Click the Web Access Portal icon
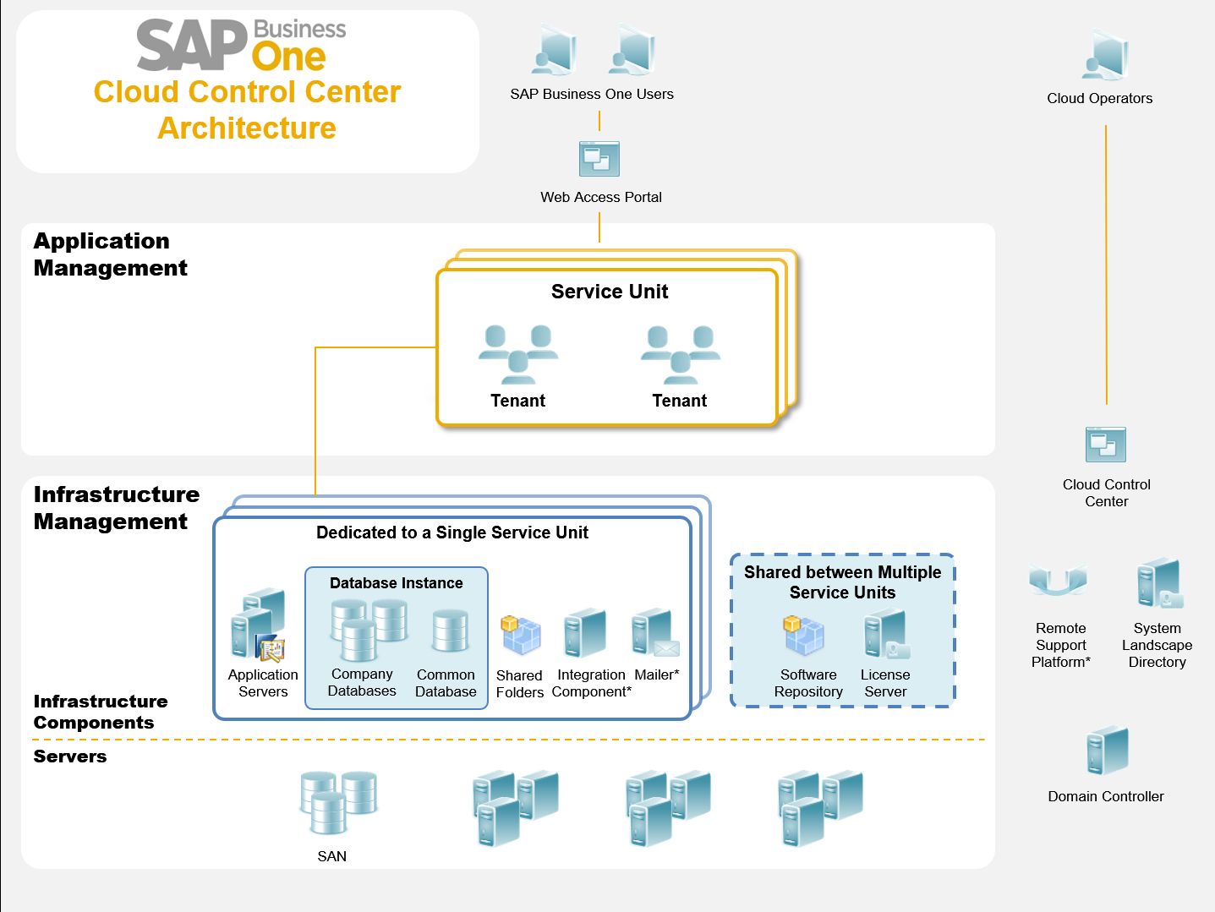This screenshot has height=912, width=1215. pyautogui.click(x=599, y=159)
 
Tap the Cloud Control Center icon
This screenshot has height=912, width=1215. pyautogui.click(x=1105, y=445)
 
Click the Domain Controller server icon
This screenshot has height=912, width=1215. pyautogui.click(x=1107, y=751)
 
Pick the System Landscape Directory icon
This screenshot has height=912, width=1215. pyautogui.click(x=1158, y=584)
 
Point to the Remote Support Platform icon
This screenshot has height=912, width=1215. pyautogui.click(x=1058, y=582)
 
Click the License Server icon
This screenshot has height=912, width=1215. pyautogui.click(x=885, y=636)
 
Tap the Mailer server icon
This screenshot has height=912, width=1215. pyautogui.click(x=654, y=635)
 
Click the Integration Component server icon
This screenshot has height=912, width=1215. pyautogui.click(x=586, y=633)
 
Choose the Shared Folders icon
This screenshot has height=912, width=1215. pyautogui.click(x=521, y=636)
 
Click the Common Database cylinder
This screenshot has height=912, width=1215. pyautogui.click(x=450, y=632)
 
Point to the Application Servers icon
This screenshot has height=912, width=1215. pyautogui.click(x=260, y=625)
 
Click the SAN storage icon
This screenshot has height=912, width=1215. pyautogui.click(x=338, y=802)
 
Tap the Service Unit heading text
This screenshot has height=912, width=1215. pyautogui.click(x=610, y=292)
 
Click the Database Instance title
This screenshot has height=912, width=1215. pyautogui.click(x=396, y=583)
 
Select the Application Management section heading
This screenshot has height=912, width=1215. pyautogui.click(x=110, y=254)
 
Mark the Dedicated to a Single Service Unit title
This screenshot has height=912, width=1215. pyautogui.click(x=452, y=532)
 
